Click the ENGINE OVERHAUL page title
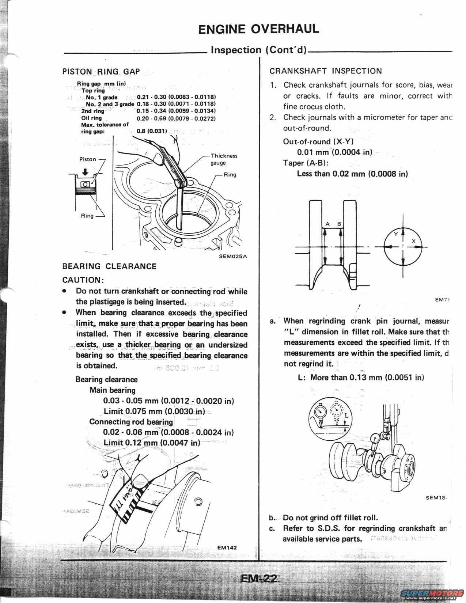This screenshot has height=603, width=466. coord(258,29)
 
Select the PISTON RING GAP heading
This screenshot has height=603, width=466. coord(101,71)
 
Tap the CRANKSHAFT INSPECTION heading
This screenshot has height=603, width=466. coord(326,71)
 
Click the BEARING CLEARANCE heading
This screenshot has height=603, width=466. coord(109,266)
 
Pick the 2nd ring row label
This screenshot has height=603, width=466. coord(92,111)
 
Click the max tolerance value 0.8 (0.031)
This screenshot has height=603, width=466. coord(152,131)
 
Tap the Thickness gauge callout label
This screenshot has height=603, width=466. coord(224,159)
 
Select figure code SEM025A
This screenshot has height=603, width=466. coord(233,256)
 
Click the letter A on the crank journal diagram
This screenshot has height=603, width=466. coord(327,224)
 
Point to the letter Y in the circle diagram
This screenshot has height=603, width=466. coord(395,235)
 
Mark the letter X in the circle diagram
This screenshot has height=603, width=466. coord(414,241)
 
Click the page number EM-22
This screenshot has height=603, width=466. coord(259,579)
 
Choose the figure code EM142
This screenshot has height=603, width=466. coord(227,547)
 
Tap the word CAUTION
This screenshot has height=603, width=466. coord(83,280)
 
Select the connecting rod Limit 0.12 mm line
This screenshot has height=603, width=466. coord(152,443)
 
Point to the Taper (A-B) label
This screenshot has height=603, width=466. coord(306,163)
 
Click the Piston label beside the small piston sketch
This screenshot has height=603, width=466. coord(88,159)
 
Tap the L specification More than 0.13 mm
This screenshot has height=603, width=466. coord(361,378)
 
